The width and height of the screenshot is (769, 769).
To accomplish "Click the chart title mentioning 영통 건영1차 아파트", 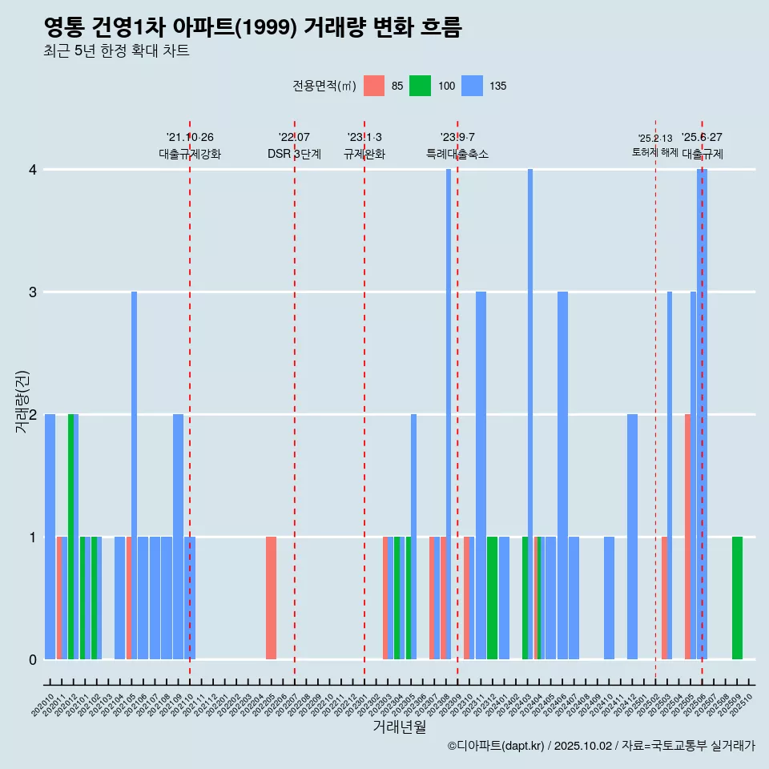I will [x=252, y=28].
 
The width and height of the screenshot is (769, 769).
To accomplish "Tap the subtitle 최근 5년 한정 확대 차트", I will [x=116, y=52].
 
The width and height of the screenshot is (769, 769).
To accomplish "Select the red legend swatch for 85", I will [x=374, y=86].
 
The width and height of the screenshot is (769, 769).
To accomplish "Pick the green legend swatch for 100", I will [x=420, y=86].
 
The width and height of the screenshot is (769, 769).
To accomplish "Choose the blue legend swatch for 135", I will [x=473, y=86].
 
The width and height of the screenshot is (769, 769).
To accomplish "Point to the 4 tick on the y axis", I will [x=33, y=170].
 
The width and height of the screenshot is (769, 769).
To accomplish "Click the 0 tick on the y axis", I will [x=33, y=660].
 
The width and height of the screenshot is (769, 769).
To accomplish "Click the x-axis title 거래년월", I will [x=399, y=727].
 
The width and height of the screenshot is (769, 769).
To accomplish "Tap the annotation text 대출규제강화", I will [x=190, y=154].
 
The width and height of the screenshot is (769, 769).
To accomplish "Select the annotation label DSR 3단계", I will [x=294, y=154].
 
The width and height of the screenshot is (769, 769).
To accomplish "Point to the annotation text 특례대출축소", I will [x=457, y=154].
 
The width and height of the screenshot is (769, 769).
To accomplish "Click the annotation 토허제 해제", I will [x=655, y=152].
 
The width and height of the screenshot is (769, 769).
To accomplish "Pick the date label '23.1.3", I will [x=364, y=138].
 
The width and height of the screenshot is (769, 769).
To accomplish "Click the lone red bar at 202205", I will [x=271, y=598].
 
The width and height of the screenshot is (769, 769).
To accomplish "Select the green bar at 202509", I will [x=737, y=598].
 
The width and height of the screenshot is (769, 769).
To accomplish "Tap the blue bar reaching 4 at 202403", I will [x=530, y=401].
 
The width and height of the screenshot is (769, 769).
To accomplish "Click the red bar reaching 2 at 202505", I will [x=687, y=537].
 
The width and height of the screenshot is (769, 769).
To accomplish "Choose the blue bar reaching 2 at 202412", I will [x=632, y=537].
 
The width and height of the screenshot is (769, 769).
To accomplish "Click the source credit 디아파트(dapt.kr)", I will [x=497, y=746].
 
